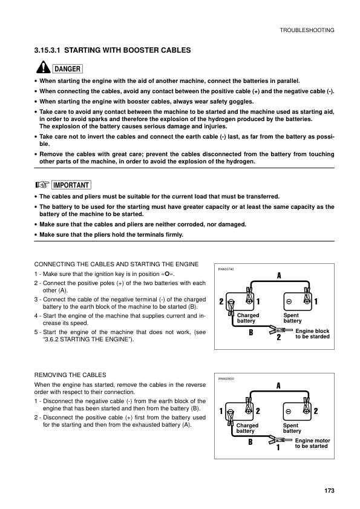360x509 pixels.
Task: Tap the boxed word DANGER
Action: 67,68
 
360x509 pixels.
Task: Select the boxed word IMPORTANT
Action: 71,185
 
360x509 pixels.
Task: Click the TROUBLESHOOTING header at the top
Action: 307,30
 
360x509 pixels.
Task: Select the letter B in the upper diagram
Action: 250,332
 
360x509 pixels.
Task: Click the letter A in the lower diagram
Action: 278,385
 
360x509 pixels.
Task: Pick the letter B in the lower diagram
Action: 250,442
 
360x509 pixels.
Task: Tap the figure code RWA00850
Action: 226,378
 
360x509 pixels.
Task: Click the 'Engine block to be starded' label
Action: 312,333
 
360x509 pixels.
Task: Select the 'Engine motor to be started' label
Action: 312,444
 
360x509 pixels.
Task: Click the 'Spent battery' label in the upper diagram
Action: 291,318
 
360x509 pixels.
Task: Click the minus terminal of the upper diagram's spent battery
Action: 289,301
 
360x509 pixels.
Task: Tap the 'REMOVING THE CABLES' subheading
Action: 70,375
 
